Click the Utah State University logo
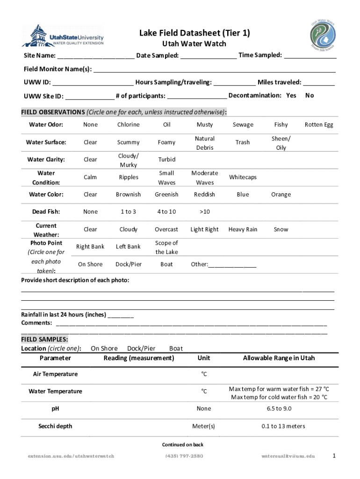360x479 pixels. [63, 36]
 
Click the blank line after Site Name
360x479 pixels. [96, 56]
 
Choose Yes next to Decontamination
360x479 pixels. [291, 96]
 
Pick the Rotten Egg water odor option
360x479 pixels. [319, 125]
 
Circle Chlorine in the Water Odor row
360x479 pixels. [128, 125]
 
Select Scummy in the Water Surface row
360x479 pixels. [128, 142]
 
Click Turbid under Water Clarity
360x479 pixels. [166, 160]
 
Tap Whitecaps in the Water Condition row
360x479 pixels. [243, 177]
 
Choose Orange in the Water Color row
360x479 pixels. [281, 195]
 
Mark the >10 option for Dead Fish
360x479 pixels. [204, 212]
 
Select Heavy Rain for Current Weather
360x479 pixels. [243, 229]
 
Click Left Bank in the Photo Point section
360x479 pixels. [128, 247]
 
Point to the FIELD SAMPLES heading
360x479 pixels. [44, 339]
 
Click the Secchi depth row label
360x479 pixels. [55, 426]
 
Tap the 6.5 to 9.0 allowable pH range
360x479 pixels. [279, 409]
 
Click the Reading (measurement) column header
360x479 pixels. [139, 358]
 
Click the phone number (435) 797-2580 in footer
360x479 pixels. [185, 456]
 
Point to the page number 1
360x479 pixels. [333, 455]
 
